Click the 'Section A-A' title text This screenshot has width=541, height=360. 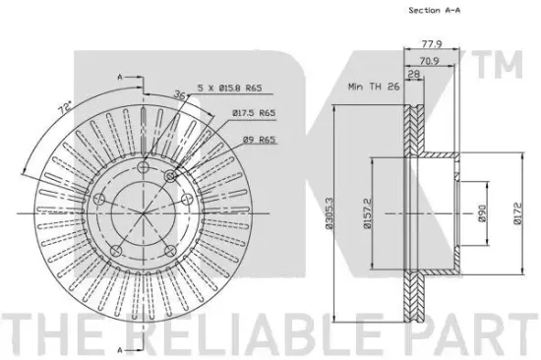coord(435,10)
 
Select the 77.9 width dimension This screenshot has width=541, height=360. coord(432,44)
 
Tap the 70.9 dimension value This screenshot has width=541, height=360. coord(429,61)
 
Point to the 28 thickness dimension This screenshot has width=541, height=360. coord(414,74)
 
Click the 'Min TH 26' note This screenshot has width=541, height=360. coord(374,87)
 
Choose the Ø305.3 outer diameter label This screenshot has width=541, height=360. coord(329,213)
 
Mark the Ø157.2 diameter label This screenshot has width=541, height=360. coord(367,213)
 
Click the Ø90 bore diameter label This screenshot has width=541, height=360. coord(482,213)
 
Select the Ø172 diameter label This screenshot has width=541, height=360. coord(517,213)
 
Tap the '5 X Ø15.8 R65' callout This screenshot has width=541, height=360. coord(229,88)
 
